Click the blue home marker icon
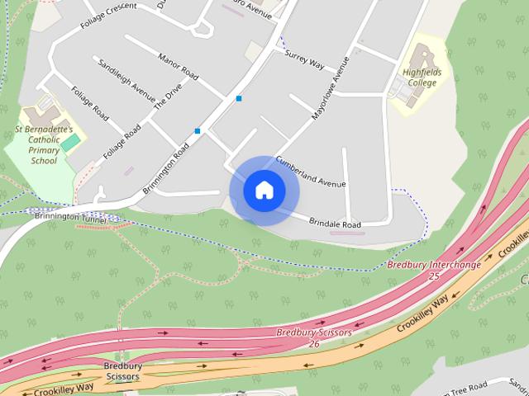pos(264,191)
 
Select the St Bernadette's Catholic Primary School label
pos(44,145)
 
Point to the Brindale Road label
pos(335,224)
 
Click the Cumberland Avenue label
pos(310,172)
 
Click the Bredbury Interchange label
pos(433,265)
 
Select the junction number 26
pos(314,343)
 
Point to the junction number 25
pos(434,276)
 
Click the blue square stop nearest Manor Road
pos(239,98)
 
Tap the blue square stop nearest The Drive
pos(198,131)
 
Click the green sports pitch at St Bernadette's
pos(71,142)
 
